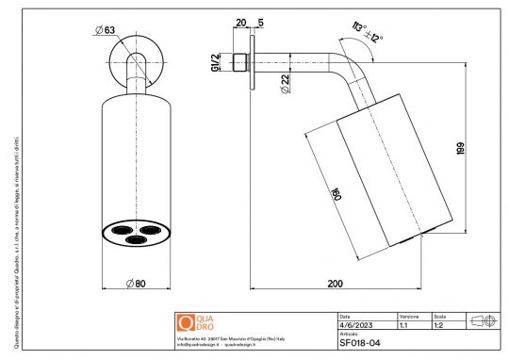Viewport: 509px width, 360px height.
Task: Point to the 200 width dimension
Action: coord(335,282)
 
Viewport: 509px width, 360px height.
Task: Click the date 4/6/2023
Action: coord(356,323)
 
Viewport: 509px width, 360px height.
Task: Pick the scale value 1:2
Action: coord(440,323)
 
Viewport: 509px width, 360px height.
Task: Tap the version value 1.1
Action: coord(403,323)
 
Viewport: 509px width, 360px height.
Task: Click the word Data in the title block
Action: coord(344,315)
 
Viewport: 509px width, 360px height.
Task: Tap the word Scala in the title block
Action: coord(440,315)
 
